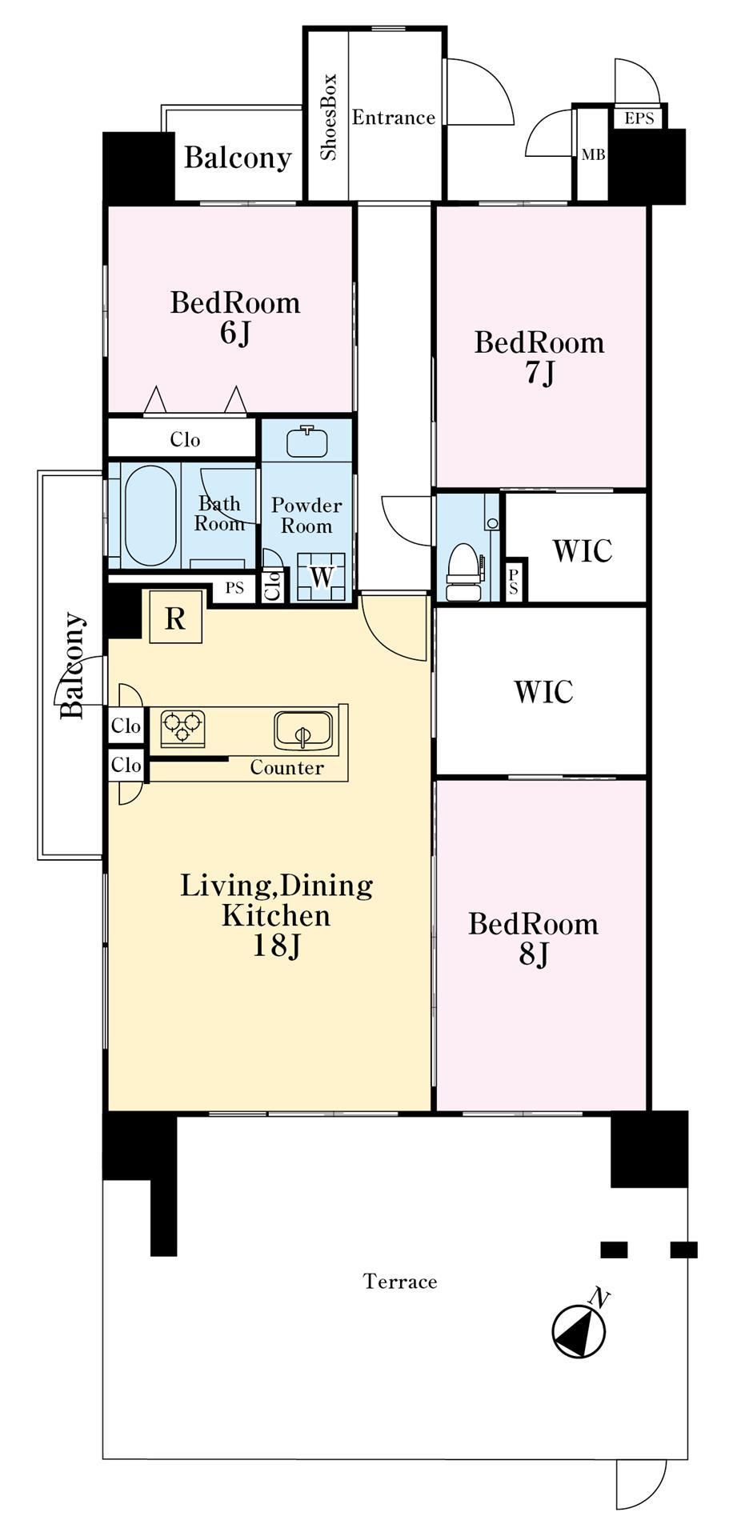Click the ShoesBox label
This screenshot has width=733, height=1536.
(328, 117)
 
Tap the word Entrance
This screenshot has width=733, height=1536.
(394, 118)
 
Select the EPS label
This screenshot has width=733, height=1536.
(639, 118)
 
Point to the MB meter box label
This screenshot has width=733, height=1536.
(593, 154)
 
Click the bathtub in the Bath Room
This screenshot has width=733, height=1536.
(150, 515)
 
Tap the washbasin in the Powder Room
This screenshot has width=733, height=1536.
(307, 441)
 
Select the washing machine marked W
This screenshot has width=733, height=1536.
(321, 576)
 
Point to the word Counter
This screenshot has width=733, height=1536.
(286, 768)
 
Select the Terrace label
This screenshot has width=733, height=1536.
(400, 1282)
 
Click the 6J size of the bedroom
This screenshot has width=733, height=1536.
(235, 334)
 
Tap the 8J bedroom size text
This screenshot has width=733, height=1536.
(533, 954)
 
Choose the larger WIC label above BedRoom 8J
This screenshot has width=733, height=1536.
(543, 691)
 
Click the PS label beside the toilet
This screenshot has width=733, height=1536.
(513, 581)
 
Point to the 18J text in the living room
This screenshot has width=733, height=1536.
(276, 946)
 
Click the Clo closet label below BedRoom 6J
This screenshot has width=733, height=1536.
(185, 439)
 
